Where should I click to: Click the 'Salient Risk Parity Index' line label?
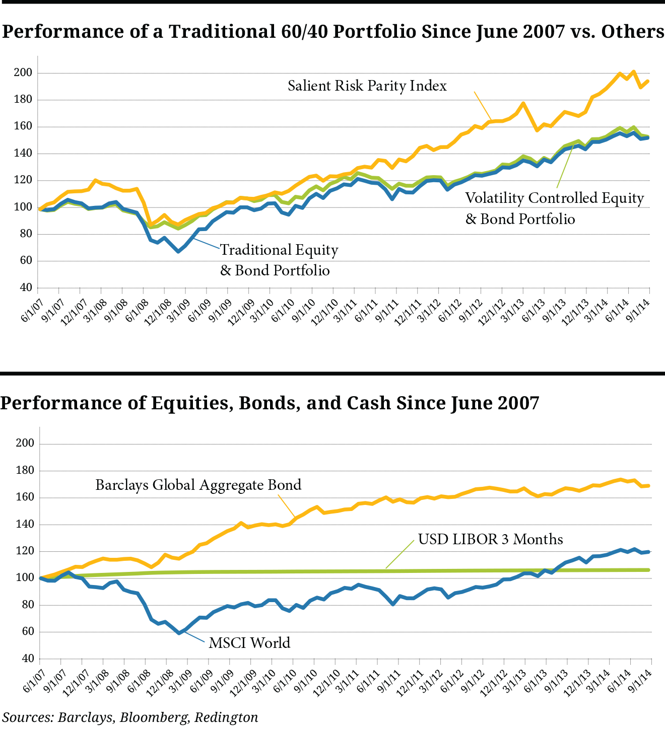[x=367, y=86]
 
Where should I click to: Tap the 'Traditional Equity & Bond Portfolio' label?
[x=279, y=260]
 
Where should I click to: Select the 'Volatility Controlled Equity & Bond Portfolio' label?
[x=554, y=208]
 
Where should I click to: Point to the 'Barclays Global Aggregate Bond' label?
[x=198, y=485]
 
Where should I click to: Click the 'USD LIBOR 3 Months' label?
[x=491, y=539]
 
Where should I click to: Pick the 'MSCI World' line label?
[x=249, y=643]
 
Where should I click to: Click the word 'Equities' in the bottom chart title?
[x=191, y=403]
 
